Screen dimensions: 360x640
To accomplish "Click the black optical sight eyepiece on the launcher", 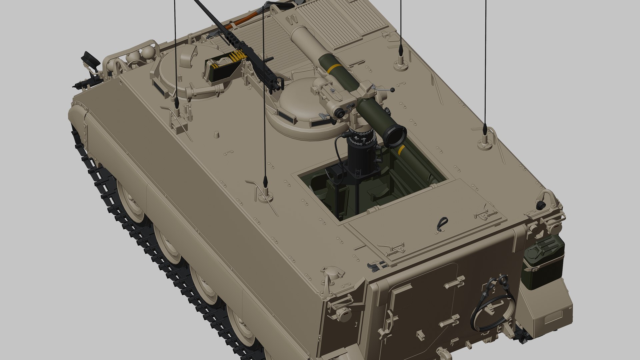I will click(x=340, y=114).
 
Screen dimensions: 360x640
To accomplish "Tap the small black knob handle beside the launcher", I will click(x=393, y=90).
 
